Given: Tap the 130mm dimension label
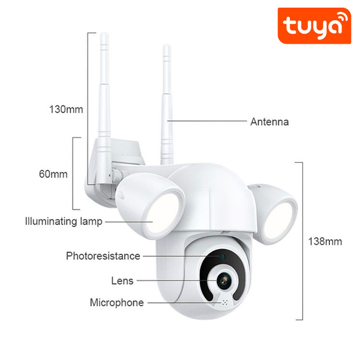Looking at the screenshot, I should pyautogui.click(x=66, y=109).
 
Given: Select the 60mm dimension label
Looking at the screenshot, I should pyautogui.click(x=53, y=174).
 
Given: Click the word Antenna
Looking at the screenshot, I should pyautogui.click(x=269, y=122).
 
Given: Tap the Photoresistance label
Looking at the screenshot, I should pyautogui.click(x=103, y=256).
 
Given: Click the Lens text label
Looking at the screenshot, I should pyautogui.click(x=122, y=280).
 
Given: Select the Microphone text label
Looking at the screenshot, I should pyautogui.click(x=117, y=302).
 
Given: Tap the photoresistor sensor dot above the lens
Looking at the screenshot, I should pyautogui.click(x=221, y=257).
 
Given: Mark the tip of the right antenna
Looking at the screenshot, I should pyautogui.click(x=166, y=47).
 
